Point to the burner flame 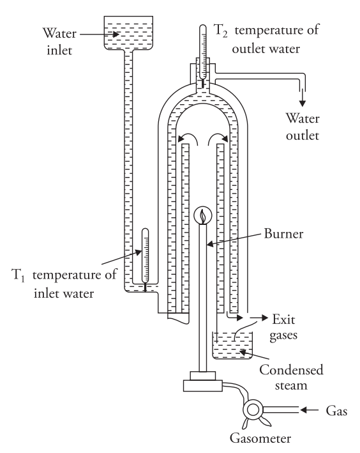click(202, 216)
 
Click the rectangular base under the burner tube click(202, 385)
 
